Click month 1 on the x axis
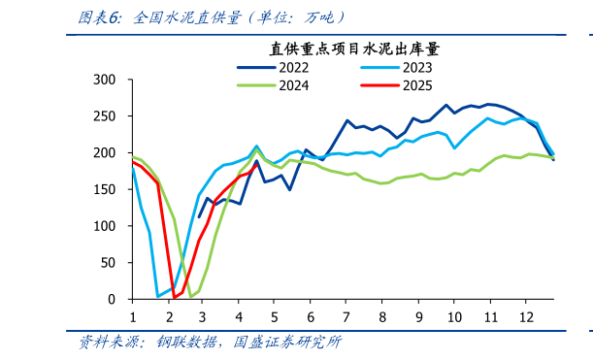coord(133,317)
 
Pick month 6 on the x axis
coord(311,317)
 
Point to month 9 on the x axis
coord(418,317)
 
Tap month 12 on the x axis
coord(525,317)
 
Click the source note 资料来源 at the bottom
coord(210,343)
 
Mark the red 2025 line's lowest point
coord(175,297)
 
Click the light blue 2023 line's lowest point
coord(158,296)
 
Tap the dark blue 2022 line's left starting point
coord(200,216)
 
